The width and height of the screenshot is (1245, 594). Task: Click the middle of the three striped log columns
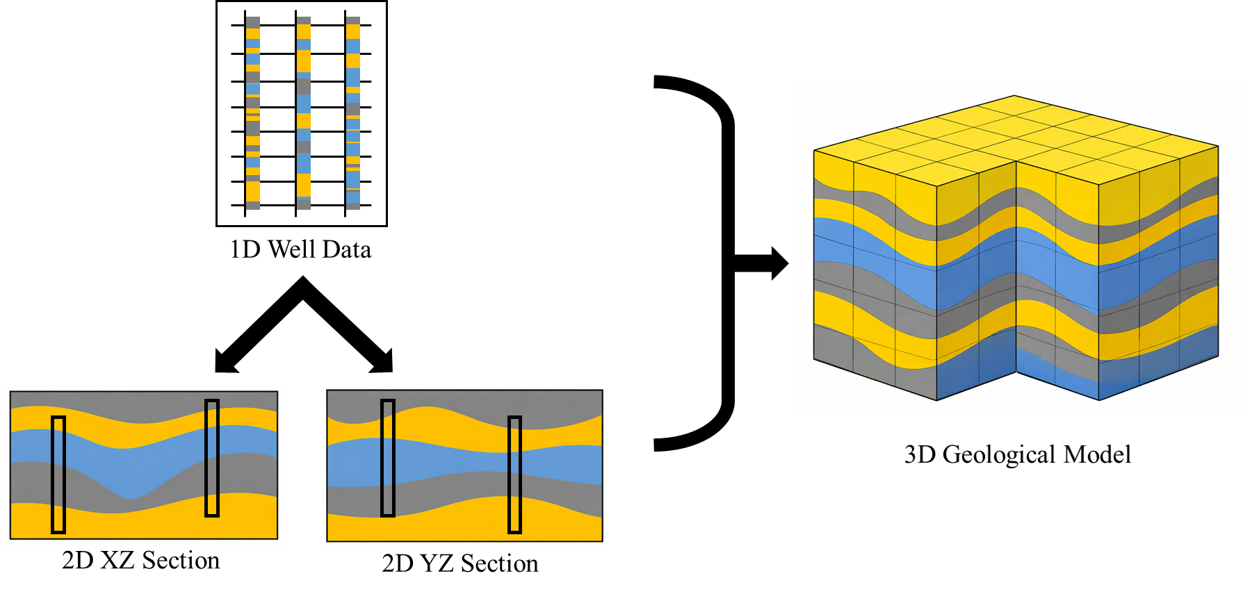304,113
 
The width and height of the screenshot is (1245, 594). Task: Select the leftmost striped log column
253,113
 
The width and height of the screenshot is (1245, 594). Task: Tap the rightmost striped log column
353,113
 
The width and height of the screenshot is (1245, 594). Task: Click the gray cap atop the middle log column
304,21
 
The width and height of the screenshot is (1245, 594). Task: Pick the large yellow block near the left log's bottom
253,191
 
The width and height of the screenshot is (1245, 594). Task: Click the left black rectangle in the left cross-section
58,475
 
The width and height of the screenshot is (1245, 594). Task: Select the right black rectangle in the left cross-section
212,458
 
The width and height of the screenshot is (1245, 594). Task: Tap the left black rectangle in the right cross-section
388,458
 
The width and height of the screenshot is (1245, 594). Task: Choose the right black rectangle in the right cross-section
514,475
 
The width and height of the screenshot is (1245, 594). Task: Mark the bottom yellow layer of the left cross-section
139,525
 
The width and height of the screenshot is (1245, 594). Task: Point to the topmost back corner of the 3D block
1014,96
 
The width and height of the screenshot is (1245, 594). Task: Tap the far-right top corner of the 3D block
1218,147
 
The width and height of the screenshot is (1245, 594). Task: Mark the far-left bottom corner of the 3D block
814,359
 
